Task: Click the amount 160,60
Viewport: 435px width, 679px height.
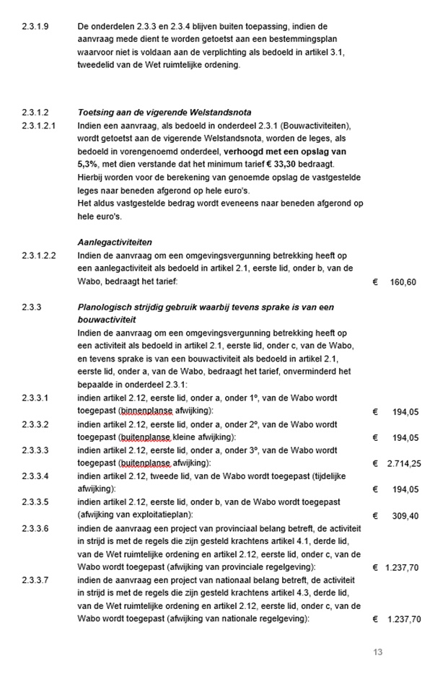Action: pos(403,281)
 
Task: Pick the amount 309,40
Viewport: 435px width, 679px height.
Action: pos(403,516)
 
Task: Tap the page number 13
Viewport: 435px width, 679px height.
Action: pos(377,652)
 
